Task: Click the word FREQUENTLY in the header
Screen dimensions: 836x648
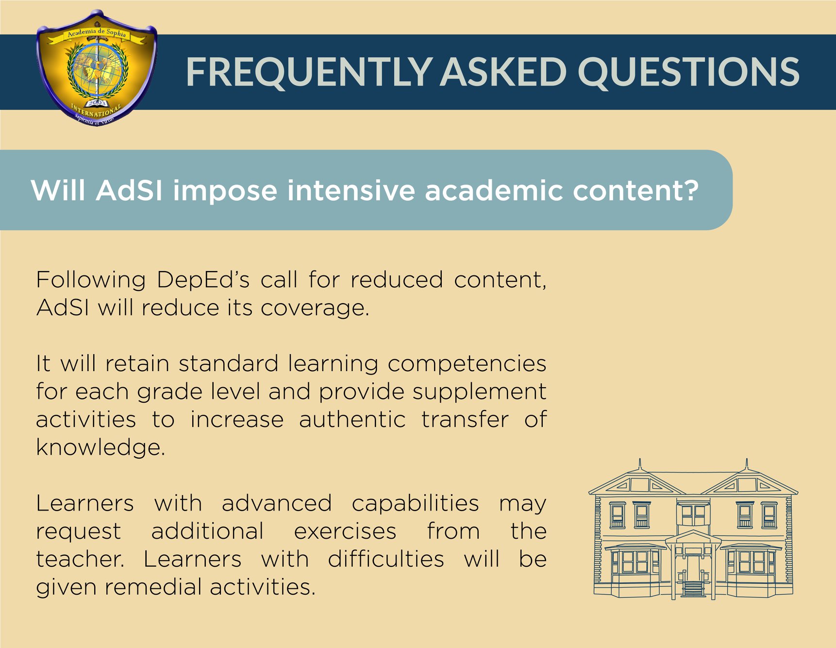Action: click(309, 72)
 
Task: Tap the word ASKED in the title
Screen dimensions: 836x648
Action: click(504, 71)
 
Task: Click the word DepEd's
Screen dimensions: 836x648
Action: click(203, 280)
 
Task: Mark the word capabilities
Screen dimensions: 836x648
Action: click(416, 504)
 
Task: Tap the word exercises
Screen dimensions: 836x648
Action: click(345, 531)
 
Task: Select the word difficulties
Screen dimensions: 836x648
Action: click(386, 559)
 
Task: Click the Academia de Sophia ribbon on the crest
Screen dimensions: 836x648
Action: click(97, 34)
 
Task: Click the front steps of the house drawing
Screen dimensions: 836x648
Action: click(693, 588)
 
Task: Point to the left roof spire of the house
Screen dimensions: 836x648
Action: click(640, 464)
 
